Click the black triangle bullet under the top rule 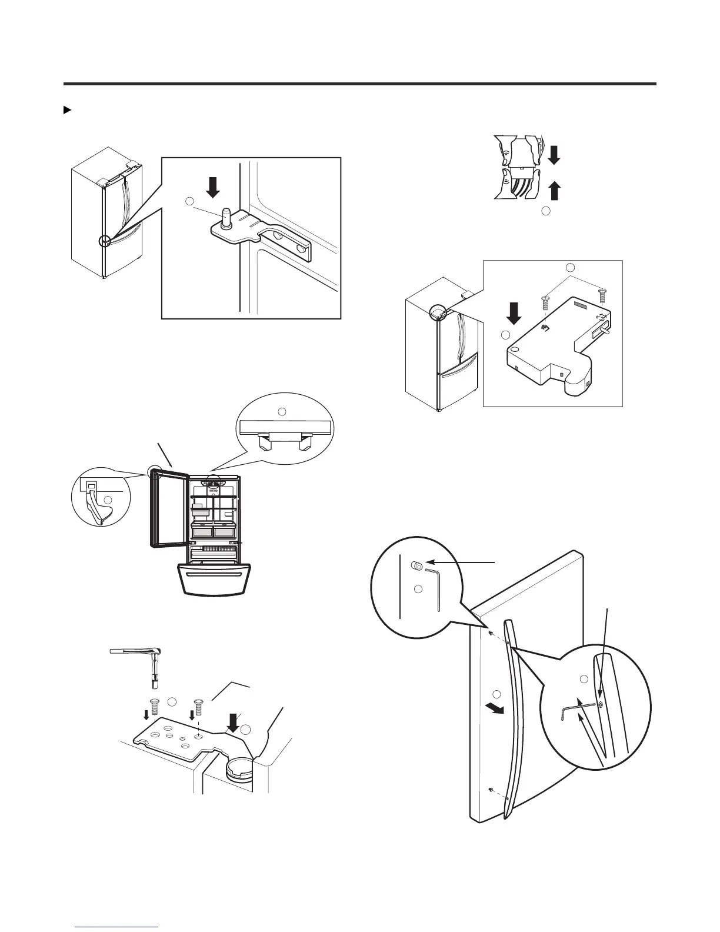(66, 110)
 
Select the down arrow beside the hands (554, 155)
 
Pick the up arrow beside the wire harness (554, 192)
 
